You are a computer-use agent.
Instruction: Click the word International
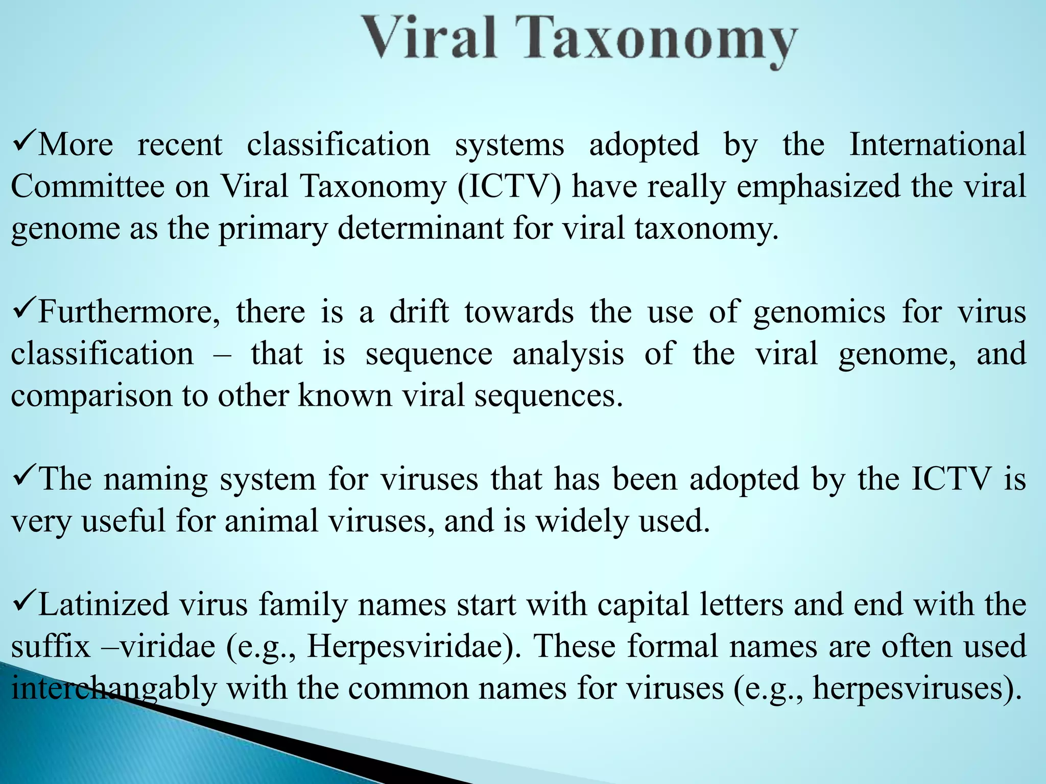pos(938,144)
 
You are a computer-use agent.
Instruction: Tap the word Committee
pos(87,186)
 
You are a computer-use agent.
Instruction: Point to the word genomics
pos(819,312)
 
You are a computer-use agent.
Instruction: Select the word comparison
pos(92,396)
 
